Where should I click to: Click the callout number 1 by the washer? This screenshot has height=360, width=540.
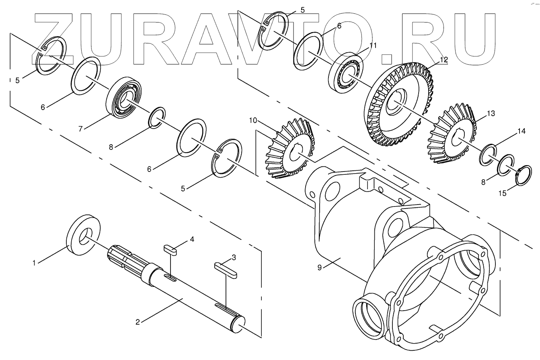pyautogui.click(x=34, y=263)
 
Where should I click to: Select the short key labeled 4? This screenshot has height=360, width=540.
pyautogui.click(x=170, y=250)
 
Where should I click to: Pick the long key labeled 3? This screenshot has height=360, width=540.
pyautogui.click(x=226, y=270)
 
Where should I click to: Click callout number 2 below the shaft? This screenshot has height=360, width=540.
pyautogui.click(x=138, y=322)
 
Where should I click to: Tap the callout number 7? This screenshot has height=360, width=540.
pyautogui.click(x=80, y=129)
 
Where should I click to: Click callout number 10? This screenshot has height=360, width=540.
pyautogui.click(x=253, y=120)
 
